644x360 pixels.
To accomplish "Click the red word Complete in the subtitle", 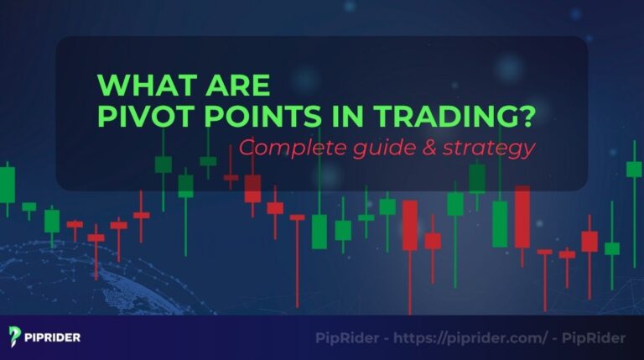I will (x=280, y=149).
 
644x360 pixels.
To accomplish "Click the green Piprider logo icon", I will (x=15, y=337).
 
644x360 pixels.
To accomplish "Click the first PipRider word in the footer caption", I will (x=345, y=337).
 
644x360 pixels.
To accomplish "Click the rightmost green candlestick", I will (x=634, y=168).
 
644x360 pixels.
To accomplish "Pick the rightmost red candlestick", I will (x=589, y=241).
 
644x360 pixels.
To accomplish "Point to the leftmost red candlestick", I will (x=75, y=225).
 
